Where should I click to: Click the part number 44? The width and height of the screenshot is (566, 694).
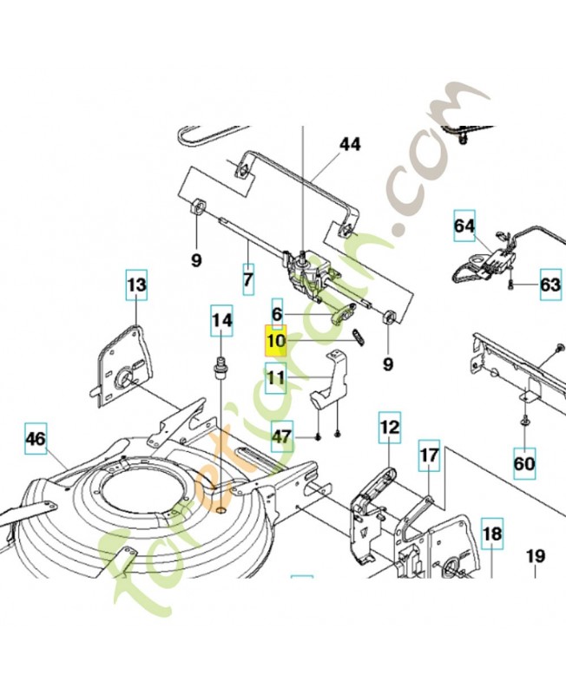(x=350, y=144)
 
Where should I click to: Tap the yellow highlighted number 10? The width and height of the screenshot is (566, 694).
(x=276, y=341)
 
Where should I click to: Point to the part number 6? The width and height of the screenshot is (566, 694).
(x=277, y=313)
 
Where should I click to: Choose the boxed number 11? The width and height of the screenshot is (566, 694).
(x=276, y=378)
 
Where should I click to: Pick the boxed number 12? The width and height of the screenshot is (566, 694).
(x=388, y=427)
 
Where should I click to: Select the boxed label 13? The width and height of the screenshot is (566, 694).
(x=137, y=284)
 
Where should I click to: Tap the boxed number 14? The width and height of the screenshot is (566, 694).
(x=222, y=320)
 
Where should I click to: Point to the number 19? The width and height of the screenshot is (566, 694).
(x=535, y=555)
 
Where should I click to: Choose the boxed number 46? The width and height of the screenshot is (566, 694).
(x=35, y=439)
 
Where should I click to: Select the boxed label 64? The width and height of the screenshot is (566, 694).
(x=465, y=227)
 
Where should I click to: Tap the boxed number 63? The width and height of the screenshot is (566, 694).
(x=550, y=284)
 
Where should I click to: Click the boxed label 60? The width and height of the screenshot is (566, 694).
(x=524, y=463)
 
